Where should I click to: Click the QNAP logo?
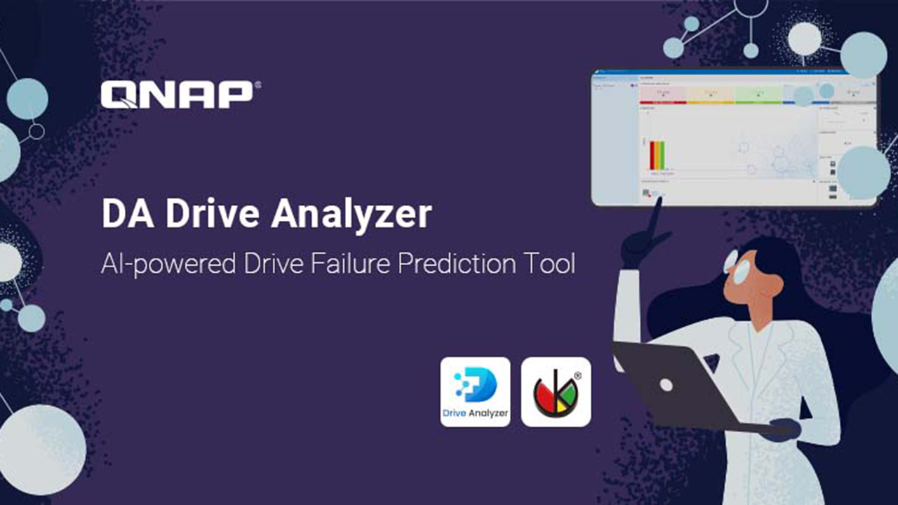(x=176, y=95)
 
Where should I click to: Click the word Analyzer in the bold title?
(x=351, y=214)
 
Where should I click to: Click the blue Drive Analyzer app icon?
(x=475, y=391)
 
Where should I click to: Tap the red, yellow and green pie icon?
(x=556, y=391)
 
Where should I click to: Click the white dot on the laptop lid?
(x=666, y=384)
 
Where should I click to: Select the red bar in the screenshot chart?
(x=652, y=155)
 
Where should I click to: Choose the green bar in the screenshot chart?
(x=662, y=155)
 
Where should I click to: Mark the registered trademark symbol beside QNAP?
(x=257, y=86)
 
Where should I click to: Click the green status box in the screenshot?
(x=758, y=94)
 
